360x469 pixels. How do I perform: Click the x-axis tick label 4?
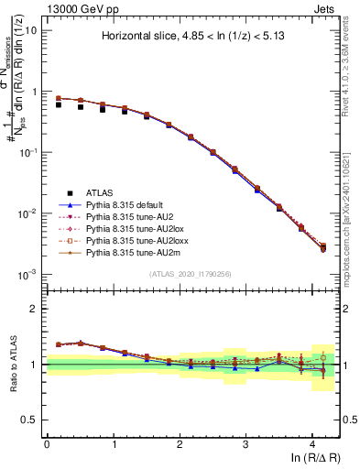[312, 443]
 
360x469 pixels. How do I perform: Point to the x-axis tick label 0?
[47, 443]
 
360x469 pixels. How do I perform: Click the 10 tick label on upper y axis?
[32, 30]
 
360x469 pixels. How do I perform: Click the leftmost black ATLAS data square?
[59, 104]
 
